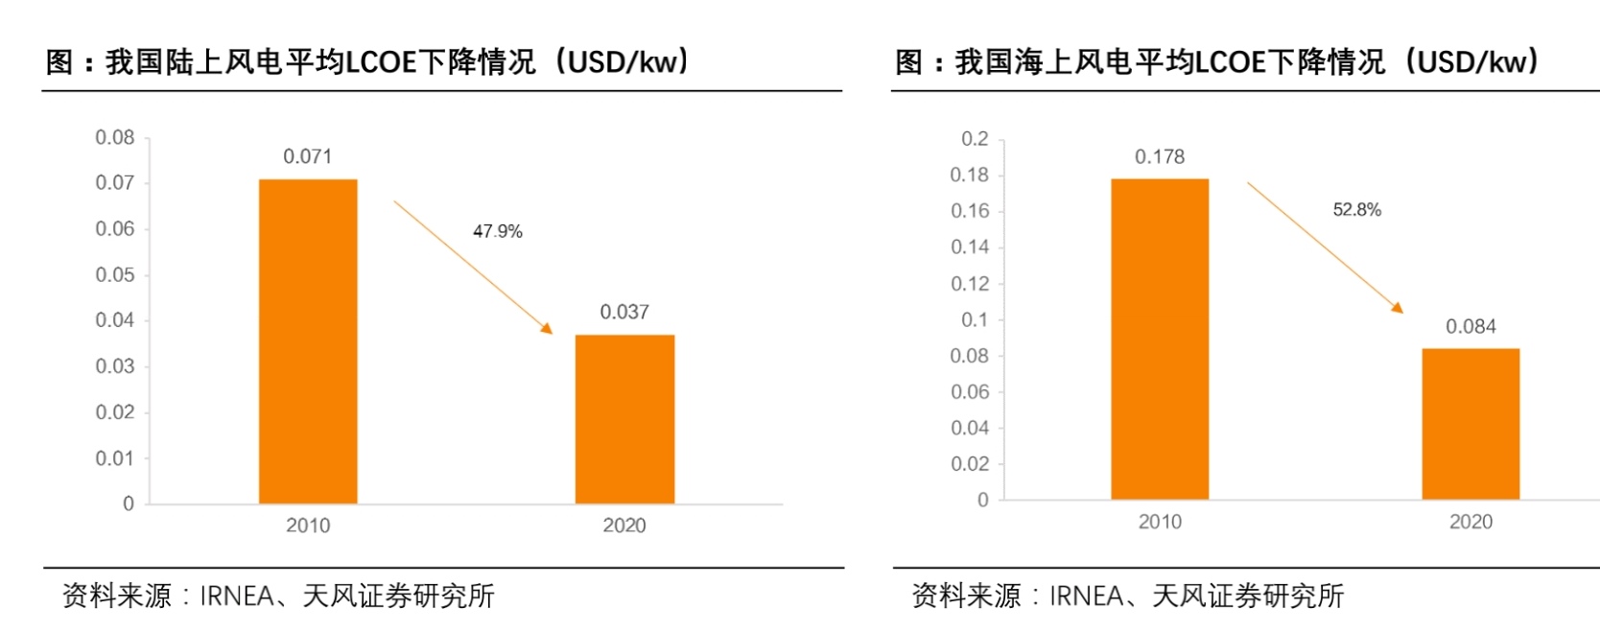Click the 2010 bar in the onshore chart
(x=308, y=340)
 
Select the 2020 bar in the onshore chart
(x=624, y=419)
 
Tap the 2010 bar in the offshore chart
(x=1160, y=339)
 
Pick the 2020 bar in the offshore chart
(x=1471, y=424)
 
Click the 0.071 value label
(x=308, y=156)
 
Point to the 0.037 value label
(x=624, y=312)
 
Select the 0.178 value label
(x=1160, y=156)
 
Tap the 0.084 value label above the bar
(x=1471, y=326)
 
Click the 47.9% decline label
(x=497, y=231)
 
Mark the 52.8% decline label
(x=1356, y=209)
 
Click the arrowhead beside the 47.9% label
(x=547, y=328)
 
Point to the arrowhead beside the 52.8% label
(x=1398, y=308)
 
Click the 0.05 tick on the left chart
(x=115, y=275)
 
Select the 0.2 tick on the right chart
(x=975, y=139)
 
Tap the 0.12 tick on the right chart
(x=970, y=284)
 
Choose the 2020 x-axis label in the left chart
(x=624, y=526)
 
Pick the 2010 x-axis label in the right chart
(x=1160, y=522)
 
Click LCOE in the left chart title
(x=382, y=62)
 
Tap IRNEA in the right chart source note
(x=1085, y=597)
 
